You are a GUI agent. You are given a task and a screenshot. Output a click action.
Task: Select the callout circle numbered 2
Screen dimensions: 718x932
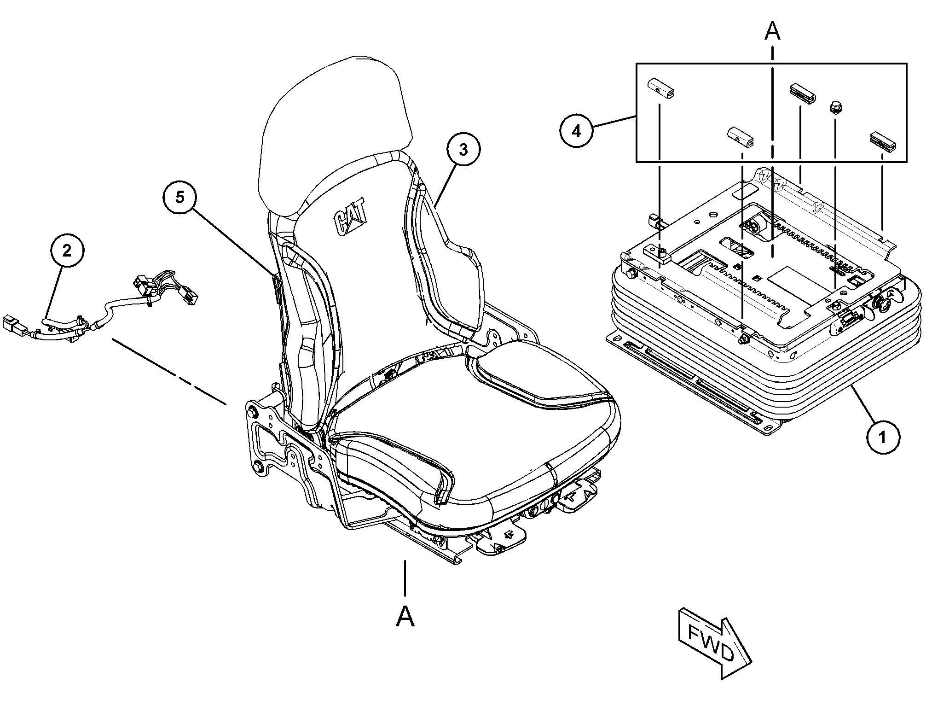click(x=67, y=251)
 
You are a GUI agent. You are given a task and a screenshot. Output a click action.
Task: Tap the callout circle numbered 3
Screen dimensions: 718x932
click(x=463, y=150)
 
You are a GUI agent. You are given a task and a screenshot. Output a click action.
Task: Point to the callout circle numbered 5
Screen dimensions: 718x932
click(x=180, y=198)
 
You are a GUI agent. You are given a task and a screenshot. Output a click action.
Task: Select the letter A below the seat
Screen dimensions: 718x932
click(x=405, y=617)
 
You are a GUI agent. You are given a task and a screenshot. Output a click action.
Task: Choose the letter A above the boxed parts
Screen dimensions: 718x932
click(x=772, y=31)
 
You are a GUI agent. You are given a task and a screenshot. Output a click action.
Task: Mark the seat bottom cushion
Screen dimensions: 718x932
click(x=474, y=428)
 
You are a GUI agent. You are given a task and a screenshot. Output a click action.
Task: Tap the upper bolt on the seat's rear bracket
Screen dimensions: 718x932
click(x=252, y=412)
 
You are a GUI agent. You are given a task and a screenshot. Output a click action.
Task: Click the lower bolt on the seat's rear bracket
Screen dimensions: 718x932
click(x=258, y=468)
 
